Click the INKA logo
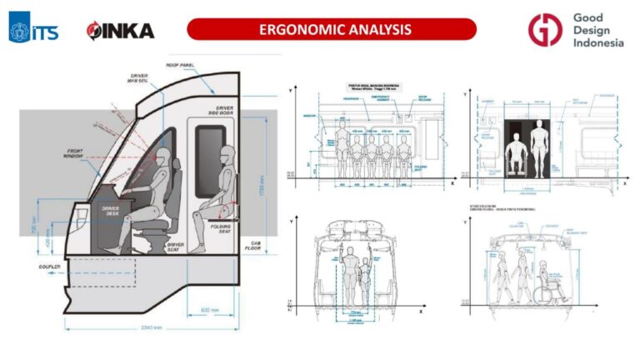click(x=120, y=32)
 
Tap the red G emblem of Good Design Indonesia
click(x=544, y=30)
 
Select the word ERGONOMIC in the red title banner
click(x=297, y=30)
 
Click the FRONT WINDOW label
click(x=78, y=153)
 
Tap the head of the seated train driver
click(x=164, y=155)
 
